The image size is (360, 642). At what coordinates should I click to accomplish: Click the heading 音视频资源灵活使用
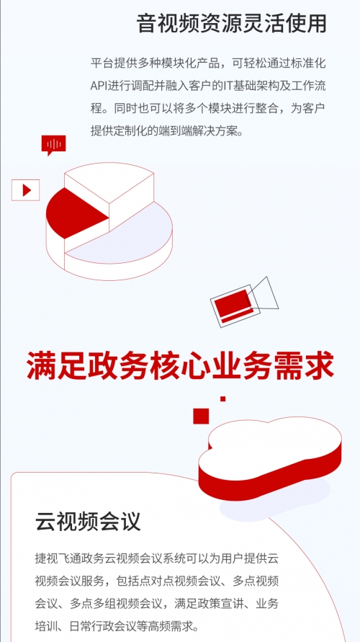231,24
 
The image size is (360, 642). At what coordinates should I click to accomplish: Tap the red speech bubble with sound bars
53,145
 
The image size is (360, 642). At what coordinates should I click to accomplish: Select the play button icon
25,190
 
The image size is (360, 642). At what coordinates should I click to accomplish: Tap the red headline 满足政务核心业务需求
180,364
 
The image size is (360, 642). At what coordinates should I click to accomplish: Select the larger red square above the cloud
201,416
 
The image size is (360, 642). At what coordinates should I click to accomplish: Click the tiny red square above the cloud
223,398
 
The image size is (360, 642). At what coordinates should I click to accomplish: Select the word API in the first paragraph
98,86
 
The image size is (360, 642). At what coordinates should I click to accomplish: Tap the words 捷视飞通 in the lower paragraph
58,558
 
